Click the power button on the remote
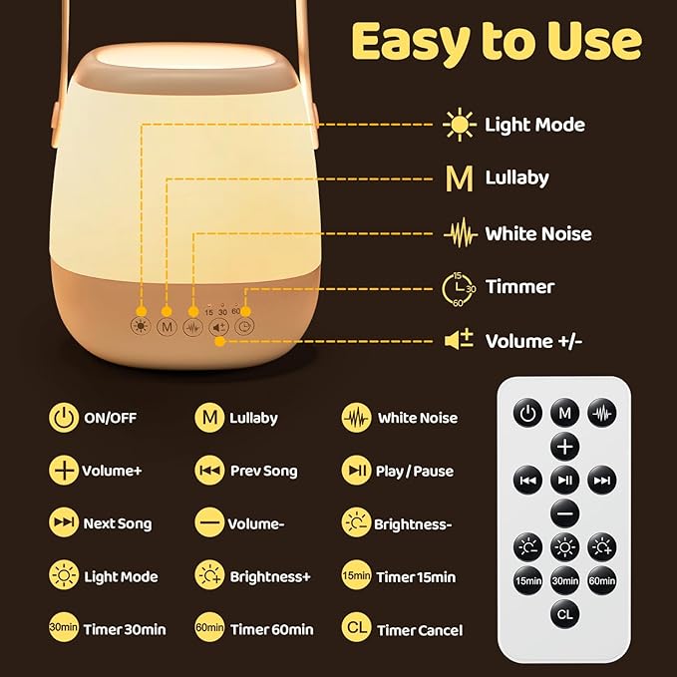(x=528, y=413)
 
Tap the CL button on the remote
(x=564, y=614)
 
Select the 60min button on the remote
(x=601, y=580)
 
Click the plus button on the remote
(x=564, y=446)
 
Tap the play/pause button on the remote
(x=564, y=480)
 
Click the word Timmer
(x=519, y=287)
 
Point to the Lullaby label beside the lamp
(x=516, y=178)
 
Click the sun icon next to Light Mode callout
(x=459, y=125)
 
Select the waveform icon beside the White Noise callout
(x=459, y=234)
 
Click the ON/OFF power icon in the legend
(x=63, y=418)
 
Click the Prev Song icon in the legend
(x=209, y=471)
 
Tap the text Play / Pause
(x=414, y=471)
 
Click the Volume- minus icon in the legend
(x=209, y=523)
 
